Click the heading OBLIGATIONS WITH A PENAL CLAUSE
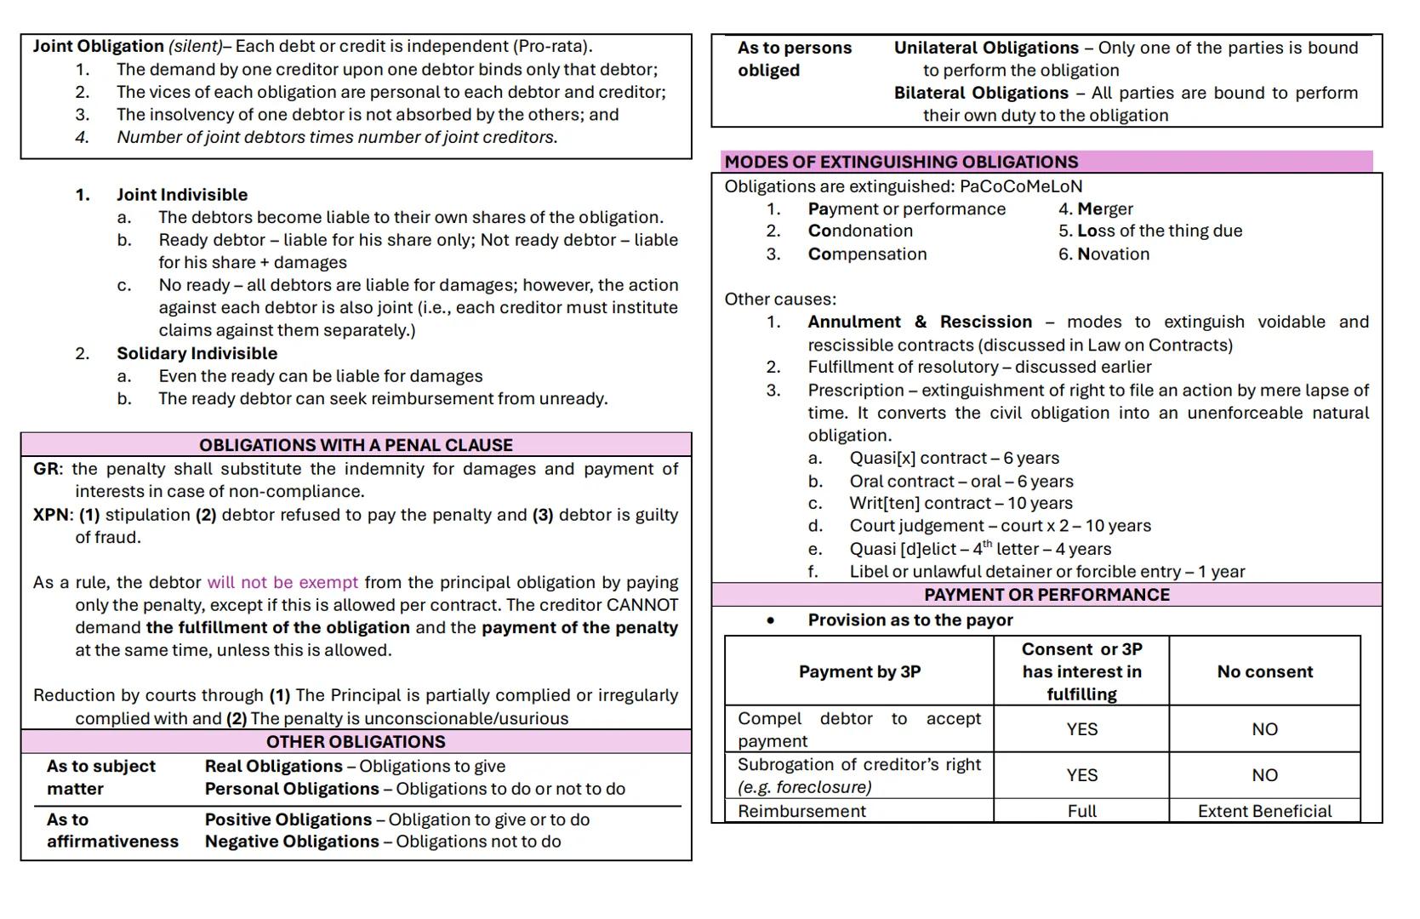point(356,445)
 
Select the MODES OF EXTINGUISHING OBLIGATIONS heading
point(901,162)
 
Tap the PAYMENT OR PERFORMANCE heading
point(1046,595)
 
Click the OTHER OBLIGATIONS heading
point(356,741)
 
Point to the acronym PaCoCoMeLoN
point(1020,186)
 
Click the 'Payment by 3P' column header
point(859,671)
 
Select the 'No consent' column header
point(1264,671)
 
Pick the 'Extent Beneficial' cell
point(1264,811)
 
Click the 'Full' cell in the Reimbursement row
point(1081,811)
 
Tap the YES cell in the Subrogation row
point(1081,775)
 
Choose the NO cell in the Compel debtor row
point(1264,729)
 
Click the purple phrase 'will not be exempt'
point(282,583)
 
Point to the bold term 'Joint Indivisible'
point(182,195)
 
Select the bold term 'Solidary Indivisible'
point(197,353)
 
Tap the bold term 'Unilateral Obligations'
point(986,48)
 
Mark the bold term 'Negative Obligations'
point(292,842)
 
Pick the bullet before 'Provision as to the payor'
point(770,620)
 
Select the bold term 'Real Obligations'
point(273,767)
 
